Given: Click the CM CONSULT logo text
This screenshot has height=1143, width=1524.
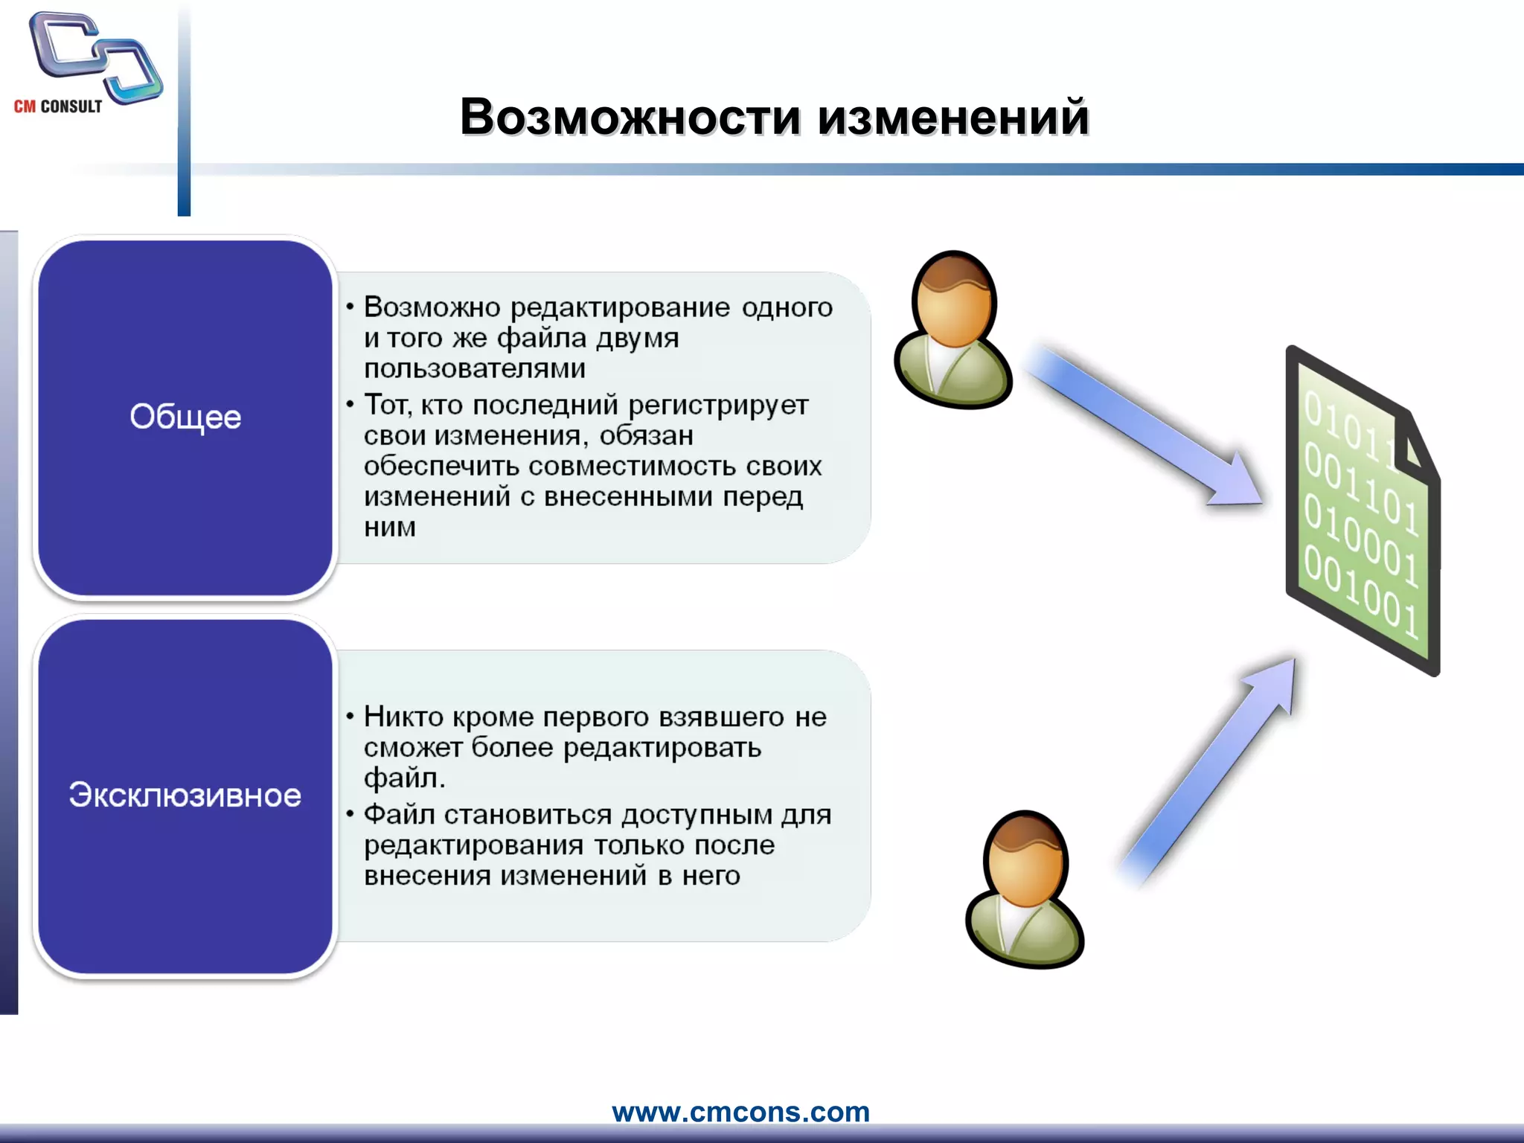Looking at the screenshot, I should (x=58, y=106).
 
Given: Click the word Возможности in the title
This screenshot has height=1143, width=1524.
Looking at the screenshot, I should (x=630, y=118).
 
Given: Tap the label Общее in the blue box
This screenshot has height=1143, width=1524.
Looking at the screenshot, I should (x=185, y=417).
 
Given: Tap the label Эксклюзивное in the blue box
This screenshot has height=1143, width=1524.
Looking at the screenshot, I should (x=185, y=795).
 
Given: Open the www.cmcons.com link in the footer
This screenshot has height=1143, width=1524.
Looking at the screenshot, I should (x=740, y=1112).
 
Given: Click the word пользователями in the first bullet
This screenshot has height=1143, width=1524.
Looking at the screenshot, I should (x=475, y=368).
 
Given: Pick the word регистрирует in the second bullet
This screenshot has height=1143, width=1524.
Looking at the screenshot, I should (x=718, y=405).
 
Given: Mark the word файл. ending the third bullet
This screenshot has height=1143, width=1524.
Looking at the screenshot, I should (x=404, y=778).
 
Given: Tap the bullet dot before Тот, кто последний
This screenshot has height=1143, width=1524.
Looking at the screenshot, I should (x=349, y=404).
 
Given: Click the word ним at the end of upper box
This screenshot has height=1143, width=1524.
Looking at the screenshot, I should (x=389, y=528).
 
